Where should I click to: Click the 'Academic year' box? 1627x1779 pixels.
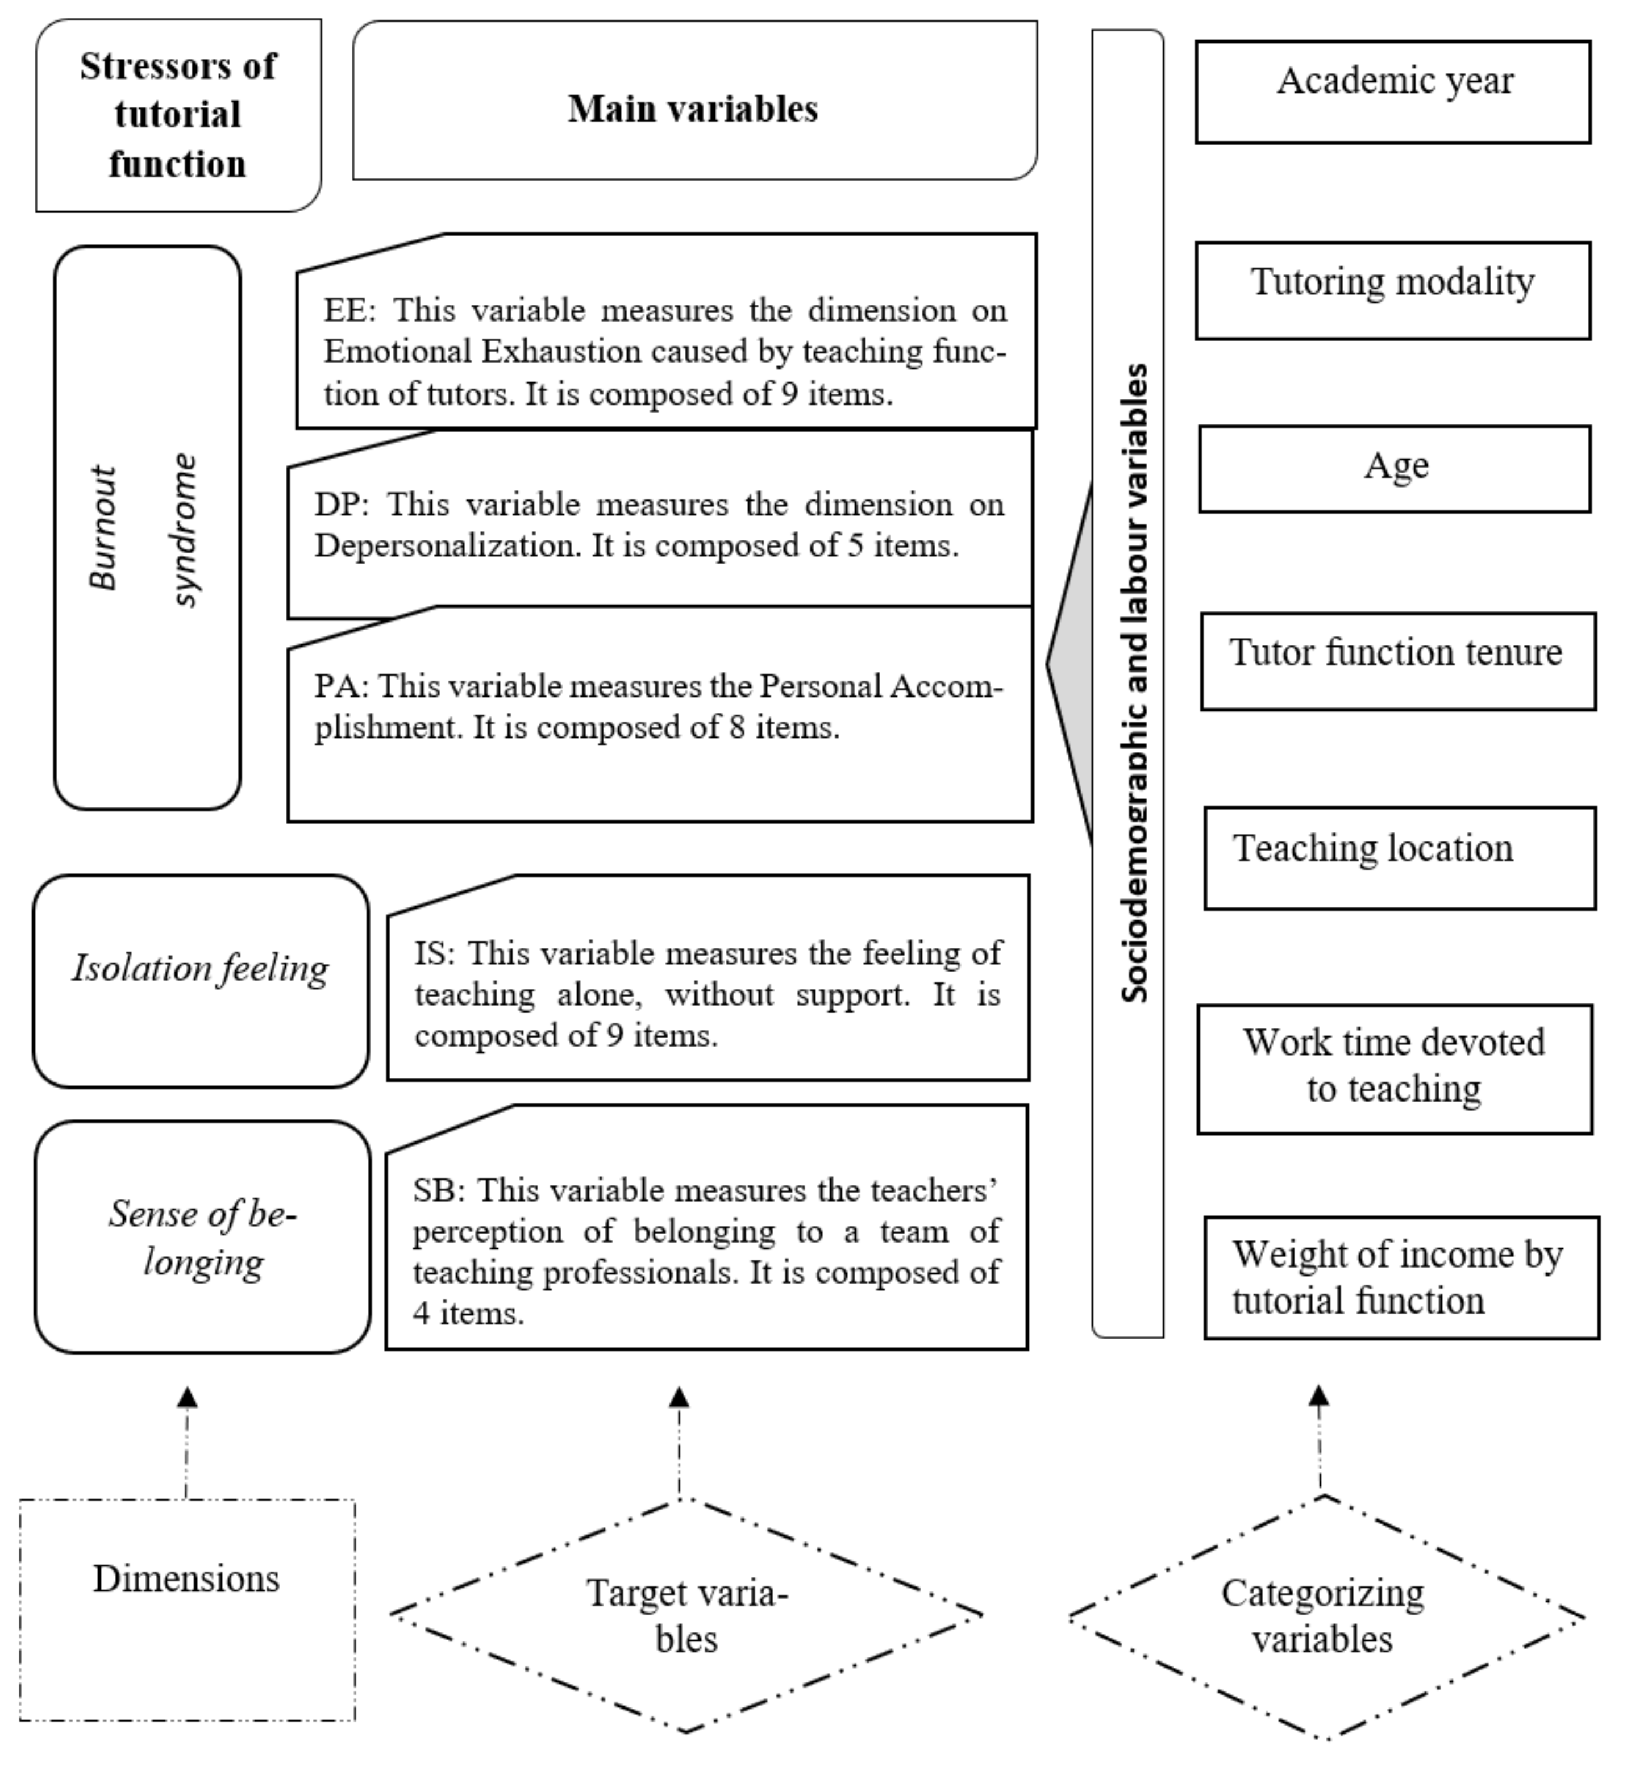coord(1392,92)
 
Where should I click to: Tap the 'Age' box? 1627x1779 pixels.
coord(1394,469)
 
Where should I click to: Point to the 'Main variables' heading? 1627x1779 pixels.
coord(694,109)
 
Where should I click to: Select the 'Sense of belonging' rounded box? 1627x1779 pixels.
coord(202,1236)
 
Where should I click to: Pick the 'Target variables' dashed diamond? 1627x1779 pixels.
coord(686,1615)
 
